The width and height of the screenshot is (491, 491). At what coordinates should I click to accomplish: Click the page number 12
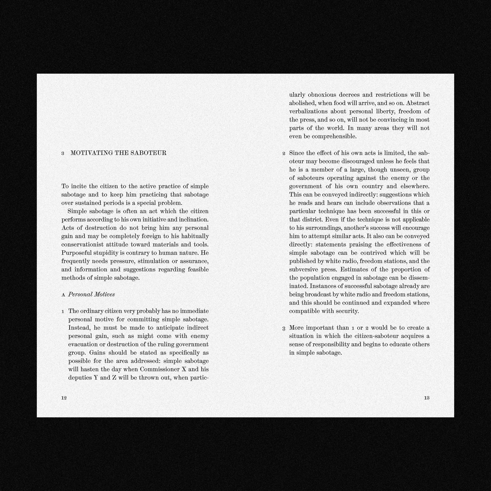pos(64,398)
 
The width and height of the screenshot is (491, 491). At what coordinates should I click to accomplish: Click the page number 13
pos(427,398)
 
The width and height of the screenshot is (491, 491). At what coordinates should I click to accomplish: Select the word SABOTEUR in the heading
pos(152,153)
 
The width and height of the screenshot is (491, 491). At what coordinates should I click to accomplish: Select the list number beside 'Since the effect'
pos(284,154)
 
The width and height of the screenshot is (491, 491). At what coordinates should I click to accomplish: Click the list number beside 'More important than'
pos(284,328)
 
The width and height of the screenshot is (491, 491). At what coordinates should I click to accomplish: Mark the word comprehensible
pos(334,136)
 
